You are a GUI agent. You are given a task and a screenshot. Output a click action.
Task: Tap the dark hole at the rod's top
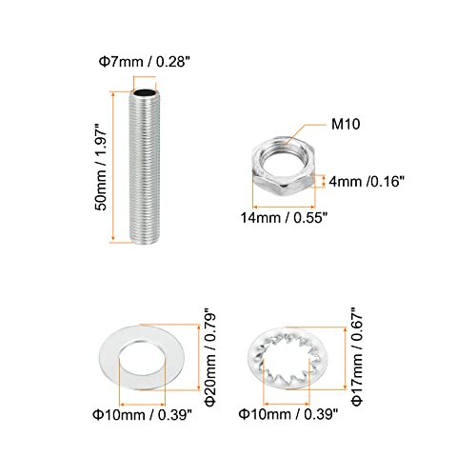143,93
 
